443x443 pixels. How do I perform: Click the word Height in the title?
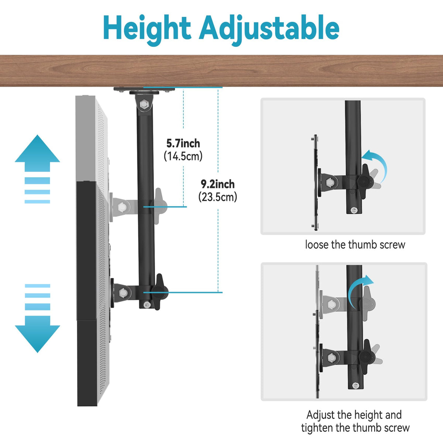tap(147, 30)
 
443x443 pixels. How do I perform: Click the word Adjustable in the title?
tap(269, 30)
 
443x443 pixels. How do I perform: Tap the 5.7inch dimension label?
tap(183, 144)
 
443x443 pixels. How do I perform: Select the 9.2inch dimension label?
tap(218, 184)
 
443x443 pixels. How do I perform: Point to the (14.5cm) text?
tap(183, 156)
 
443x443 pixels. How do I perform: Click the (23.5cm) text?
tap(218, 197)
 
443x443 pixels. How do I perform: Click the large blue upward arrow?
tap(37, 153)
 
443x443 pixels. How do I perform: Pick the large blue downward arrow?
tap(37, 334)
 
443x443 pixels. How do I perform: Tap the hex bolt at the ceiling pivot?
tap(144, 104)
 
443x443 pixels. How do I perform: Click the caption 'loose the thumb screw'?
tap(355, 245)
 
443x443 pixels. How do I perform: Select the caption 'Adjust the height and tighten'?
tap(355, 421)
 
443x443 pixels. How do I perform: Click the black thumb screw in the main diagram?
tap(159, 292)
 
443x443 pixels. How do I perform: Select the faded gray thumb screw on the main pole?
tap(159, 205)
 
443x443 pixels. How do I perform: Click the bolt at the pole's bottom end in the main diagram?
tap(147, 305)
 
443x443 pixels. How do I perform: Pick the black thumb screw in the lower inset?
tap(366, 357)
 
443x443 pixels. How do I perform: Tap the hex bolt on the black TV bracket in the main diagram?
tap(123, 293)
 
